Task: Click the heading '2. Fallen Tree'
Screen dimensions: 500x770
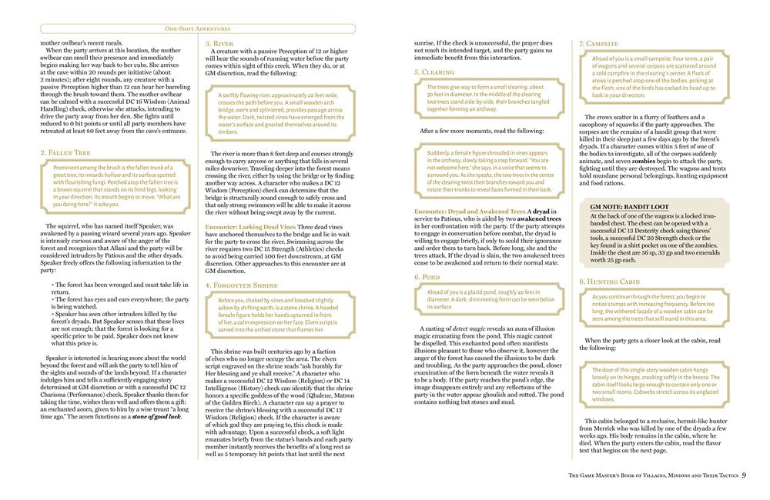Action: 66,153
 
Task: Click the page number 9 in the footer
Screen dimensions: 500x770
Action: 745,474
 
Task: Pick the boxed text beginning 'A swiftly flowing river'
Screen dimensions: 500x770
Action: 281,117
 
